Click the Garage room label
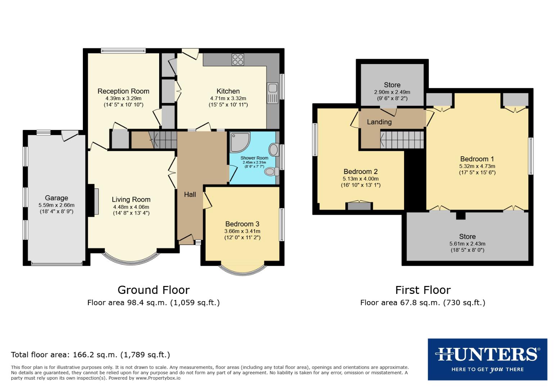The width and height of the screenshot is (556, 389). (57, 198)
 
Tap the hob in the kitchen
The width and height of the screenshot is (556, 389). (238, 59)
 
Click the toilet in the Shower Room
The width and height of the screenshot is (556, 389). (271, 172)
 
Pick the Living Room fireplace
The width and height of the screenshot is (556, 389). (96, 201)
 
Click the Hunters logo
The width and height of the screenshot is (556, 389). (487, 359)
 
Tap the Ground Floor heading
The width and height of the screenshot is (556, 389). (153, 290)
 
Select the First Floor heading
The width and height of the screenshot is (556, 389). (423, 290)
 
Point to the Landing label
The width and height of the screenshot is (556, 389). (379, 122)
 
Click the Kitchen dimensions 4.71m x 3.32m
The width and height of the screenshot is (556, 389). (228, 98)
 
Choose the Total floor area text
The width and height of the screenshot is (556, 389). (90, 355)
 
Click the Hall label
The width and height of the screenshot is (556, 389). (190, 194)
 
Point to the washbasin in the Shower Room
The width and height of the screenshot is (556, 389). (274, 149)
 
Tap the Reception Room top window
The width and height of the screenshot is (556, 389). (123, 51)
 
